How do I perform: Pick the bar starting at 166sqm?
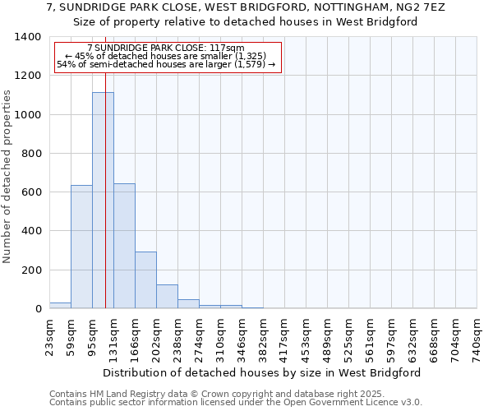(145, 279)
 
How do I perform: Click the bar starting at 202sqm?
(167, 296)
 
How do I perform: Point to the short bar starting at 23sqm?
(60, 305)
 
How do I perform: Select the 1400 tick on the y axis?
(27, 37)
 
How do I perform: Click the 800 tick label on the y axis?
(30, 154)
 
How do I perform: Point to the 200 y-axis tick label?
(30, 270)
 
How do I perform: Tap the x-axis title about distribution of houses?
(263, 372)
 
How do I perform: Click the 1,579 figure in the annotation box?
(251, 64)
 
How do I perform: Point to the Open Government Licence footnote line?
(236, 403)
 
